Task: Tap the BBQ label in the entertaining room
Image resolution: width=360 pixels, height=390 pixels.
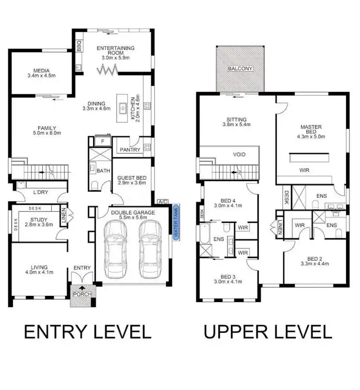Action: click(x=79, y=46)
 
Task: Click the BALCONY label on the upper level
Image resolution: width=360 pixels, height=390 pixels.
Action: click(x=240, y=69)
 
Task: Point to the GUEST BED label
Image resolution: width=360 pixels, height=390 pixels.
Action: click(x=132, y=178)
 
